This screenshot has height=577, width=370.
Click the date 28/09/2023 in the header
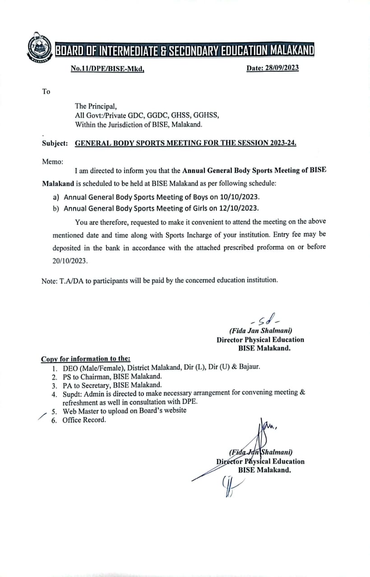(282, 68)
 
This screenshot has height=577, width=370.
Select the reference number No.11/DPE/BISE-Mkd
(107, 69)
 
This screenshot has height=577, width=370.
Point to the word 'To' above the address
(46, 92)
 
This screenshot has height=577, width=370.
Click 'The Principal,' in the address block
(96, 106)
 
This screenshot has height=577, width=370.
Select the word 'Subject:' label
(55, 143)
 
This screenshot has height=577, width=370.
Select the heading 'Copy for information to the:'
(86, 359)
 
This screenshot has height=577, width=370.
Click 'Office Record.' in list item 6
(84, 420)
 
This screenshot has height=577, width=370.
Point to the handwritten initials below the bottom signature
(229, 486)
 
